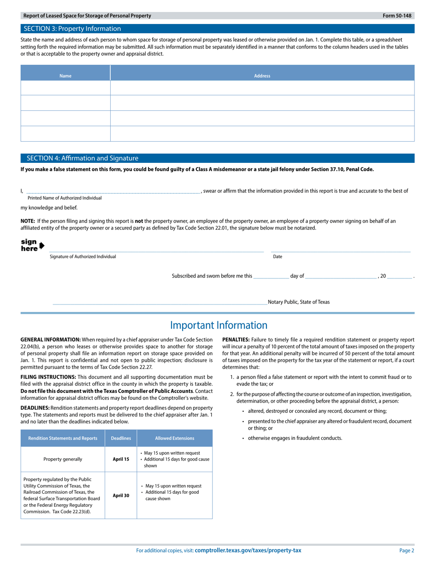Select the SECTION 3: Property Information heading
coord(72,29)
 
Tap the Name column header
coord(65,76)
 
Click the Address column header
coord(262,76)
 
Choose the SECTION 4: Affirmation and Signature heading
coord(82,158)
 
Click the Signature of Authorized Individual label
coord(83,257)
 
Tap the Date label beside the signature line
coord(278,257)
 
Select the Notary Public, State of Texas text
coord(298,302)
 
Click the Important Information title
coord(219,325)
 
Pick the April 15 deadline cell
coord(121,459)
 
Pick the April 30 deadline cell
coord(121,496)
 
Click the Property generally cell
coord(63,459)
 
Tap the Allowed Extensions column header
coord(175,439)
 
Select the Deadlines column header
coord(121,439)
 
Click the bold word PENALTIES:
coord(236,340)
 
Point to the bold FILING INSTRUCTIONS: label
coord(48,377)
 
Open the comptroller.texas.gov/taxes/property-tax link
coord(248,550)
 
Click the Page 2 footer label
coord(407,550)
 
